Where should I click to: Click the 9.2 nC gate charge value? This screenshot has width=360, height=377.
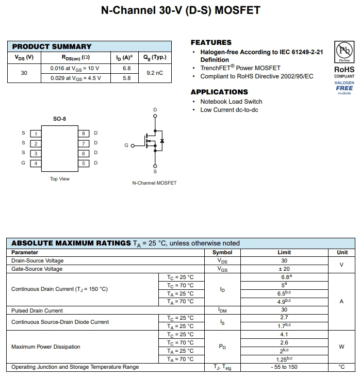click(x=154, y=73)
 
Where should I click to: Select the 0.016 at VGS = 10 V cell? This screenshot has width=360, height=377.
click(x=75, y=68)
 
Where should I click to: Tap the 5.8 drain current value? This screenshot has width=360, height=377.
click(x=126, y=78)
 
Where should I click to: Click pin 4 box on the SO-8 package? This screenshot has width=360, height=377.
click(x=36, y=163)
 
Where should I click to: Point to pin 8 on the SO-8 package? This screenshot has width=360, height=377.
click(x=84, y=134)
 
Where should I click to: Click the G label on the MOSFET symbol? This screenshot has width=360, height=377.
click(x=126, y=146)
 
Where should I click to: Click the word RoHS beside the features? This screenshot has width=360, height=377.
click(x=344, y=69)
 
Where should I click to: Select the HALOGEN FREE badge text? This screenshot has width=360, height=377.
click(x=344, y=86)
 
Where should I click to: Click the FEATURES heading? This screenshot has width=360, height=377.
click(x=211, y=42)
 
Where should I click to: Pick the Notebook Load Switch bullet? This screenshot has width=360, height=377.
click(x=231, y=102)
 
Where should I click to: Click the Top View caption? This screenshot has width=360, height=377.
click(x=60, y=179)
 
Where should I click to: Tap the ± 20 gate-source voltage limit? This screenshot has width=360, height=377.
click(x=284, y=269)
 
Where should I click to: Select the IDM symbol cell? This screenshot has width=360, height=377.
click(x=222, y=310)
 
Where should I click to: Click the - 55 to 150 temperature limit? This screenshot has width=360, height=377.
click(x=284, y=367)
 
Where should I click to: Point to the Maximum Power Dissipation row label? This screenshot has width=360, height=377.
click(x=46, y=347)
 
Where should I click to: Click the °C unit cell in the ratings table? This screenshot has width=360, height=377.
click(x=342, y=367)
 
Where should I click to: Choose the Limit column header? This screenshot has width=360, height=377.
click(x=284, y=253)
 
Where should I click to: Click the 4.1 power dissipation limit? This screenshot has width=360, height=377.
click(x=284, y=334)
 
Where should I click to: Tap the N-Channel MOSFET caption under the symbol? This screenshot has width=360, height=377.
click(x=154, y=183)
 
